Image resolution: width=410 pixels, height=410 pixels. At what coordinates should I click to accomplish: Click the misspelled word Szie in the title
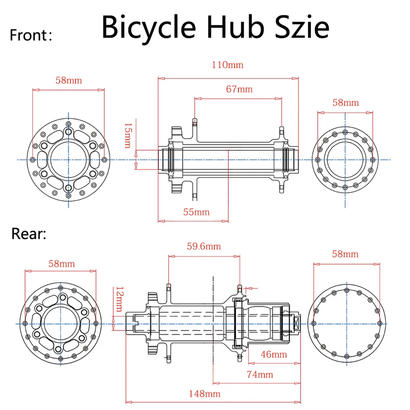pyautogui.click(x=302, y=27)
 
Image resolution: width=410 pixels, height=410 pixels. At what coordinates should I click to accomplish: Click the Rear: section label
pyautogui.click(x=29, y=234)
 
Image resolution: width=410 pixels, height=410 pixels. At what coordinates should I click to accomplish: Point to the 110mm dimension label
pyautogui.click(x=228, y=65)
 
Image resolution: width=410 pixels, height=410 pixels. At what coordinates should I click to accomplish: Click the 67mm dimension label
pyautogui.click(x=239, y=89)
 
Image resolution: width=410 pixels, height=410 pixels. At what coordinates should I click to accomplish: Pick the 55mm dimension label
pyautogui.click(x=196, y=212)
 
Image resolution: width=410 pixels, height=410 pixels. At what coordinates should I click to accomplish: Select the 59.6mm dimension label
pyautogui.click(x=204, y=246)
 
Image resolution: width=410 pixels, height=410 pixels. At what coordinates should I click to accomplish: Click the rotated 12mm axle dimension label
pyautogui.click(x=120, y=299)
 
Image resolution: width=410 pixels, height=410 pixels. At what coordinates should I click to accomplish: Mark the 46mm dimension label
pyautogui.click(x=274, y=354)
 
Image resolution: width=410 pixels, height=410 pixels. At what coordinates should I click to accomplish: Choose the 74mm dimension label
pyautogui.click(x=260, y=375)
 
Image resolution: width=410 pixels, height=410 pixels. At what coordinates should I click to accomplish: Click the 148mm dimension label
pyautogui.click(x=205, y=394)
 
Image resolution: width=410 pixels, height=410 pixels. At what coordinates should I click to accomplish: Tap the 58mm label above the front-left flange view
pyautogui.click(x=68, y=80)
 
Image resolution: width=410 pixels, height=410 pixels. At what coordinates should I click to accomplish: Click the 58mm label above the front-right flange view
pyautogui.click(x=346, y=102)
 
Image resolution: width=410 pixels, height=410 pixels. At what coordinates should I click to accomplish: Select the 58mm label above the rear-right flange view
pyautogui.click(x=345, y=254)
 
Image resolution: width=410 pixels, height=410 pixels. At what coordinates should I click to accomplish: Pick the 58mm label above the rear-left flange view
pyautogui.click(x=61, y=264)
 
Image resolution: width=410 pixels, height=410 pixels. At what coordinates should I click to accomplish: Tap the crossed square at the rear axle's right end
pyautogui.click(x=296, y=324)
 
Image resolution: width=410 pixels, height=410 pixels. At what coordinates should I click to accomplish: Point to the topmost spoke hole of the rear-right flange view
pyautogui.click(x=347, y=290)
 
